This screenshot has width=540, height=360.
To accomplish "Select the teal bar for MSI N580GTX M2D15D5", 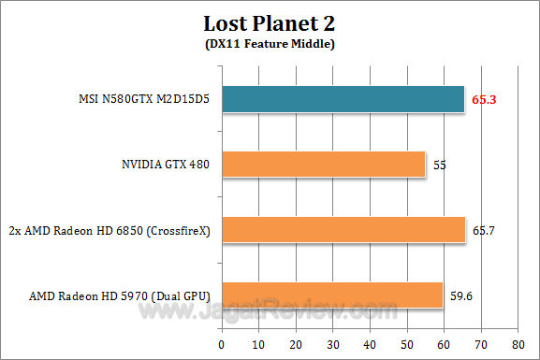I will click(343, 99).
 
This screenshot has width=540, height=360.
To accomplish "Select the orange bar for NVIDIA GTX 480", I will click(323, 165).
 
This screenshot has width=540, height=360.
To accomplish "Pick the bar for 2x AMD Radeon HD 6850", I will click(343, 230).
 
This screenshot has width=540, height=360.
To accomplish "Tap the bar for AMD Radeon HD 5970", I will click(332, 295).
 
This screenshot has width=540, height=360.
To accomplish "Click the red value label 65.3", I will click(483, 98).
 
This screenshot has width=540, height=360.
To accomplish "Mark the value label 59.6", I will click(460, 295).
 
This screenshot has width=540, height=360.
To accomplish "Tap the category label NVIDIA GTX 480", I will click(159, 166).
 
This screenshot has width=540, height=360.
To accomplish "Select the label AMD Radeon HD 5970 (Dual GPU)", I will click(119, 296).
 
